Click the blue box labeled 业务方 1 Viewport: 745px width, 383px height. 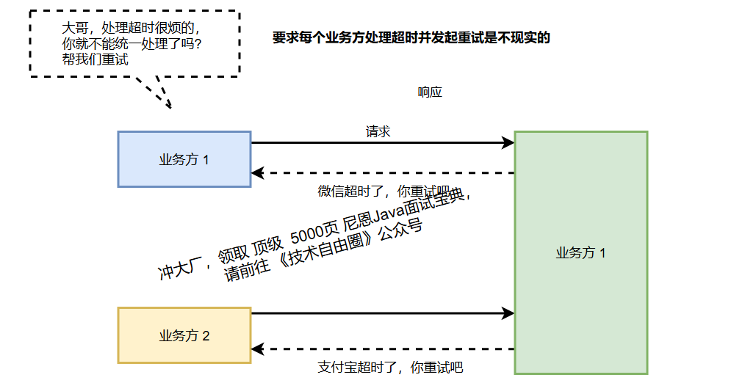[x=184, y=159]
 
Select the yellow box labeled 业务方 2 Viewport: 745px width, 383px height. [x=184, y=335]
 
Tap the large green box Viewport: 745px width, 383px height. [x=580, y=253]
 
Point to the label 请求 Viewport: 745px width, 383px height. [x=378, y=132]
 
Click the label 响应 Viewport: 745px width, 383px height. [x=430, y=92]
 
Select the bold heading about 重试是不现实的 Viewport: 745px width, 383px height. [x=411, y=38]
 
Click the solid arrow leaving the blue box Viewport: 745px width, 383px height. [x=382, y=143]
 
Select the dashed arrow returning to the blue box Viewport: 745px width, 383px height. [x=382, y=173]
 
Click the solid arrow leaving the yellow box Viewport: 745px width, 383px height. [x=382, y=313]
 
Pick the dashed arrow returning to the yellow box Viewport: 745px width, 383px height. [x=382, y=349]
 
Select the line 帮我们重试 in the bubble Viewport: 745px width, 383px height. [x=96, y=59]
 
